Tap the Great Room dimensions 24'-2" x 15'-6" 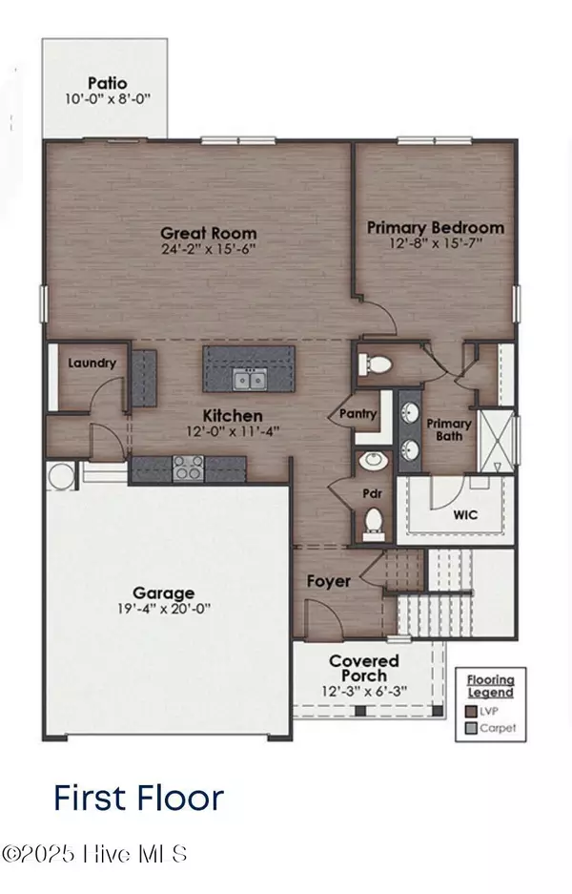click(x=208, y=249)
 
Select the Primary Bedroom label click(x=436, y=228)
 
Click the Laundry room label click(x=92, y=363)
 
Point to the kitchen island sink click(x=250, y=380)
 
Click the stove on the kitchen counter click(x=186, y=468)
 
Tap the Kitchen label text click(x=232, y=416)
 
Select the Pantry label click(x=358, y=414)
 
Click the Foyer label click(x=328, y=580)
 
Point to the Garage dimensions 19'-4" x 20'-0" click(x=164, y=608)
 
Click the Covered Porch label click(x=364, y=668)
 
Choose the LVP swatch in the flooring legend click(x=472, y=710)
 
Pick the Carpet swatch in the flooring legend click(x=472, y=727)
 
